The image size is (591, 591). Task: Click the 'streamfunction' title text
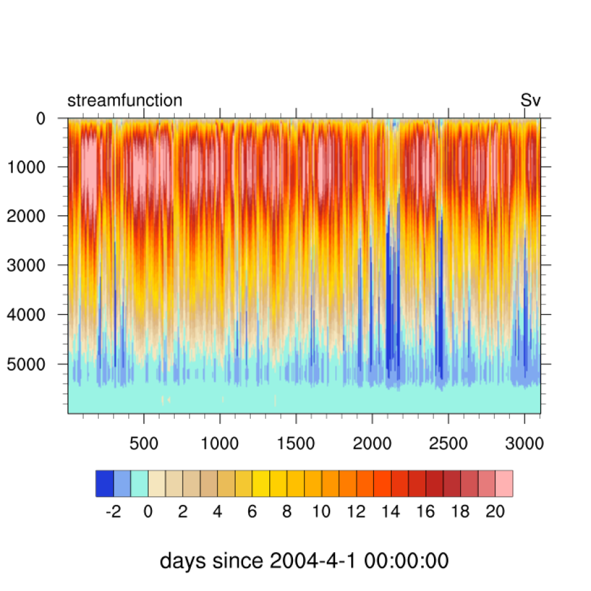125,100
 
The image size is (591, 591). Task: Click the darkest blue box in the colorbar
104,483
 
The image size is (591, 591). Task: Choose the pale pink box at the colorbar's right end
504,483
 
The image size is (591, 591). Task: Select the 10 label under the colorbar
321,512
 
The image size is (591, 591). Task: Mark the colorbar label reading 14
391,512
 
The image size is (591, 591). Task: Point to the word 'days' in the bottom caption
183,561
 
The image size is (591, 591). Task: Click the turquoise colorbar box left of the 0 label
139,483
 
